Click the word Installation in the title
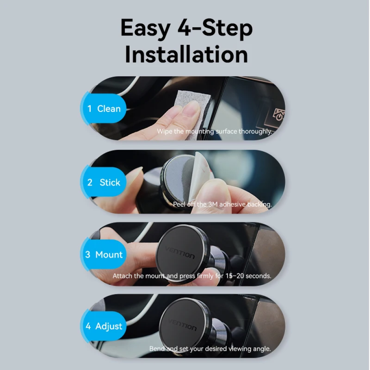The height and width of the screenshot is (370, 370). tap(186, 54)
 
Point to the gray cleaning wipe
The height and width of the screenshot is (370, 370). tap(194, 106)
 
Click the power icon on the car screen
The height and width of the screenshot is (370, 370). tap(279, 115)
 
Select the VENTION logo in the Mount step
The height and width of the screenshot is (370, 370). tap(180, 253)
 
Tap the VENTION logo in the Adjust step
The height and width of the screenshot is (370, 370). tap(182, 324)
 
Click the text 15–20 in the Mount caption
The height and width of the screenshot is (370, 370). tap(235, 276)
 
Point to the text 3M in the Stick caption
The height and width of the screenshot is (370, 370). tap(213, 204)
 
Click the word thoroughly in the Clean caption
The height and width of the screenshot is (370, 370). tap(255, 131)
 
